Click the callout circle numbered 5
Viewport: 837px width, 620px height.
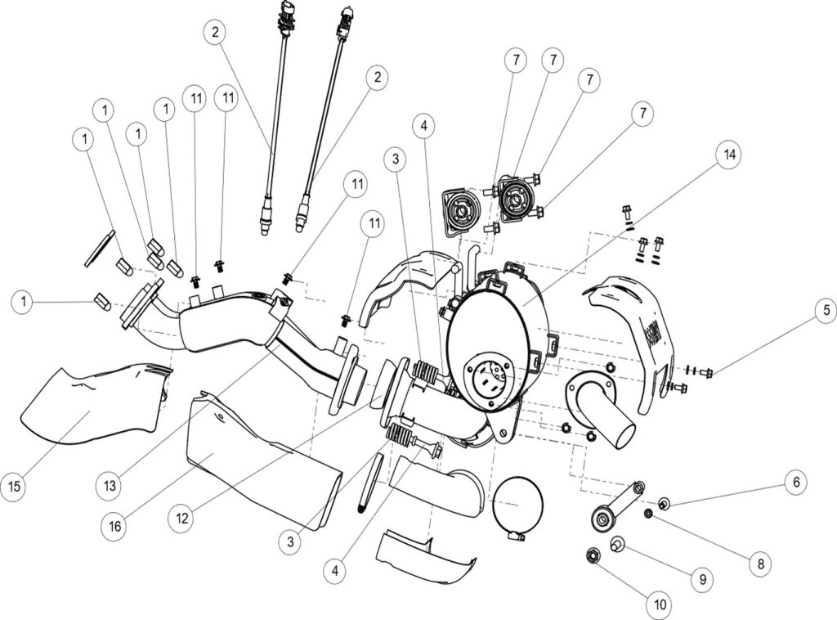tap(826, 312)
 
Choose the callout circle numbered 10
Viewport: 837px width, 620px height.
tap(659, 605)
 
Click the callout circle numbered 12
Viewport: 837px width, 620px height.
tap(181, 518)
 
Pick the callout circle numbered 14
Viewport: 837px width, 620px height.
tap(727, 154)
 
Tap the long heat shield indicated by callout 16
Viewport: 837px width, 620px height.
tap(262, 466)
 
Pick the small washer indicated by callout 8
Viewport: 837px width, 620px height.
tap(648, 514)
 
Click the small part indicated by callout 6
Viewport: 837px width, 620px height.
tap(664, 501)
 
